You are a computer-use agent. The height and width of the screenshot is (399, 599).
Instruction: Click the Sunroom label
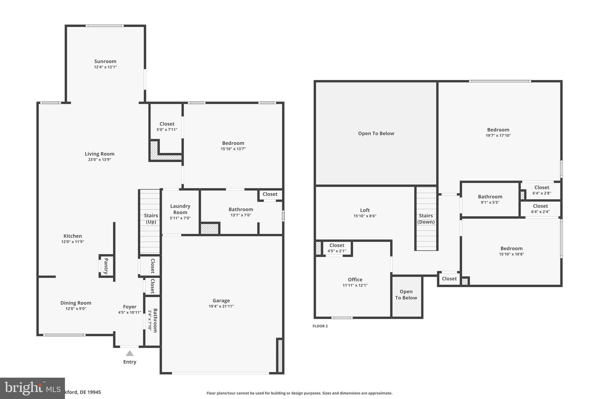pos(105,61)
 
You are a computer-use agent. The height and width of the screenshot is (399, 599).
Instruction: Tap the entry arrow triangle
pos(130,353)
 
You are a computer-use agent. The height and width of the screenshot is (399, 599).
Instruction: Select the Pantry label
pos(106,266)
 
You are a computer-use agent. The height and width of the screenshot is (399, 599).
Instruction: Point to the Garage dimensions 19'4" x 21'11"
pos(221,306)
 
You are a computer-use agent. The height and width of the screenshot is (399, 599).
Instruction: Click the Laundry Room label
pos(180,209)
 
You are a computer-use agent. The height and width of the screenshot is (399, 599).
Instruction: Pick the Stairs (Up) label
pos(151,219)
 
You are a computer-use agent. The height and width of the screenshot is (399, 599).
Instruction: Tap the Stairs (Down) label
pos(426,219)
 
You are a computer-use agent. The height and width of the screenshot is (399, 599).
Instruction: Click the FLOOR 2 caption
pos(320,326)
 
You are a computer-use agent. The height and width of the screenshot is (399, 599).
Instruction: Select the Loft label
pos(365,210)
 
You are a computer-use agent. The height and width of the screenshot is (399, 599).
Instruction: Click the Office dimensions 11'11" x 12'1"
pos(355,286)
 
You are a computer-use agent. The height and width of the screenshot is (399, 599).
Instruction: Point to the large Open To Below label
pos(376,134)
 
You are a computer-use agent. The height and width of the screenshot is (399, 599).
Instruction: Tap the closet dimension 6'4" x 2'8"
pos(542,193)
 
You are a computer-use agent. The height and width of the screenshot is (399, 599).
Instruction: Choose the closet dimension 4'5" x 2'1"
pos(337,251)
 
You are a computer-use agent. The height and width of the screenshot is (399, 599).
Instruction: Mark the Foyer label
pos(130,307)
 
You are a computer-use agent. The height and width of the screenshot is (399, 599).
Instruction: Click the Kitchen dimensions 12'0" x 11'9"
pos(73,242)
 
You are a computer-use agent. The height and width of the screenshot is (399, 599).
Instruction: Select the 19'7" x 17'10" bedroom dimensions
pos(498,136)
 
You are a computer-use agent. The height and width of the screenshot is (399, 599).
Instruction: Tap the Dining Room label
pos(76,303)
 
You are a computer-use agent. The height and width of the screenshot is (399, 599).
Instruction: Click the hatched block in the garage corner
pos(280,356)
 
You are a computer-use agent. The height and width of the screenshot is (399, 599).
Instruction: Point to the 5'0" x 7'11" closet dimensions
pos(167,130)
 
